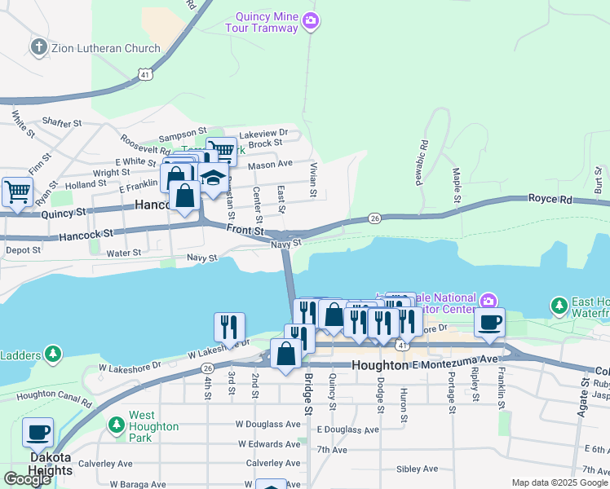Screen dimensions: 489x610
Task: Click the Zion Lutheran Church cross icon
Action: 38,48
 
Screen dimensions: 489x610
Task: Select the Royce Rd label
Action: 550,198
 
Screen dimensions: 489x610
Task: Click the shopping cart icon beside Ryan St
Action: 17,192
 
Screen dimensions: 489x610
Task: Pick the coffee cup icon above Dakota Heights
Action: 38,432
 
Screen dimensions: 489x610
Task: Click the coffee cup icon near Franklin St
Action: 489,322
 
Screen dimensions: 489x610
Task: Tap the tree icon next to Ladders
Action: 52,354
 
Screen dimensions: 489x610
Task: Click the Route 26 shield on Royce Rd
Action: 374,218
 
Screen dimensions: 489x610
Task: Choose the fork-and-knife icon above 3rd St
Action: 229,327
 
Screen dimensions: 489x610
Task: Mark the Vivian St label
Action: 312,179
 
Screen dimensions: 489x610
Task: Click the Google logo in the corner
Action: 29,479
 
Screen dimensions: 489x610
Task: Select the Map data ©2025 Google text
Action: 559,482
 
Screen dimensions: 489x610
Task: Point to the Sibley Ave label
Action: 418,469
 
